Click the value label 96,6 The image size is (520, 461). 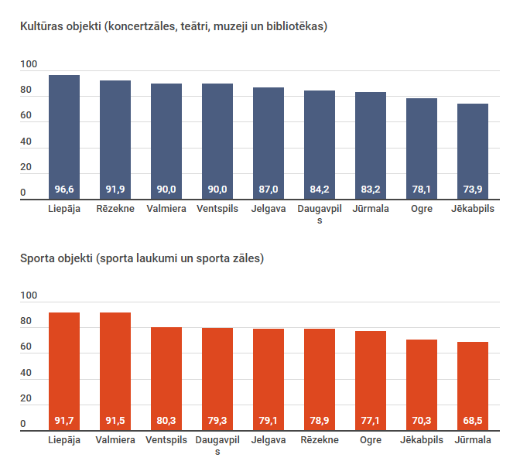[64, 190]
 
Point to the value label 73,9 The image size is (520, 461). [473, 190]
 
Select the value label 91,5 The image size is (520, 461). [115, 421]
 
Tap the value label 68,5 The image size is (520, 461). [473, 421]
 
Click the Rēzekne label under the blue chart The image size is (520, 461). [115, 209]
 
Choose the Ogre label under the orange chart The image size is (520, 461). [371, 440]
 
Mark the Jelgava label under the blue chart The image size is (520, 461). [269, 209]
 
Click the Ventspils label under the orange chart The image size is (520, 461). [166, 440]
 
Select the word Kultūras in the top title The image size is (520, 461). [43, 26]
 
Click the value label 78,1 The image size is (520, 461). [422, 190]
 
